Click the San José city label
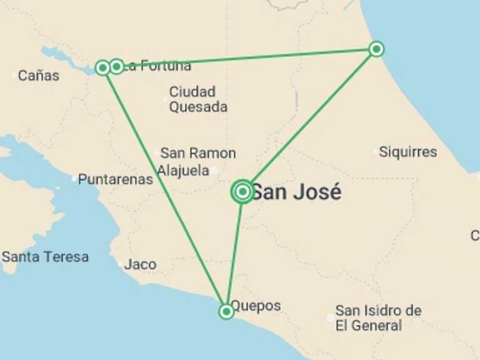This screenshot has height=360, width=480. pos(296,192)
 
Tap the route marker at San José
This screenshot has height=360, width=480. pos(242,192)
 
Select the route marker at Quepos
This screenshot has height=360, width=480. pos(226,311)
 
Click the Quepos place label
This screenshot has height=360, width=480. pos(256,306)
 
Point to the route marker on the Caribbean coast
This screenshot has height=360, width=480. pos(376,49)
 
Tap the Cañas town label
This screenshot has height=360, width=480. pos(39,76)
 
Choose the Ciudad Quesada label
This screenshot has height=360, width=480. pos(198,99)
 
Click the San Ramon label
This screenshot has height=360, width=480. pos(198,153)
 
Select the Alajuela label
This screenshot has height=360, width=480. pos(183,171)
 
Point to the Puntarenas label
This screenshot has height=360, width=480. pos(115,179)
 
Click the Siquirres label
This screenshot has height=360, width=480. pos(408,152)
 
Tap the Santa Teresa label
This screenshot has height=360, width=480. pos(45,257)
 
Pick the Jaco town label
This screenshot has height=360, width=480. pos(140,264)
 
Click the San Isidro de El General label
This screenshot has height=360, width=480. pos(377,318)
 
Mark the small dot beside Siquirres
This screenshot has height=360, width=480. pos(376,151)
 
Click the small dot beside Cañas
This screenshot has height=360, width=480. pos(14,76)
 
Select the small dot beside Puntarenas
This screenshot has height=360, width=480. pos(74,179)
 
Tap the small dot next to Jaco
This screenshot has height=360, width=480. pos(120,264)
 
